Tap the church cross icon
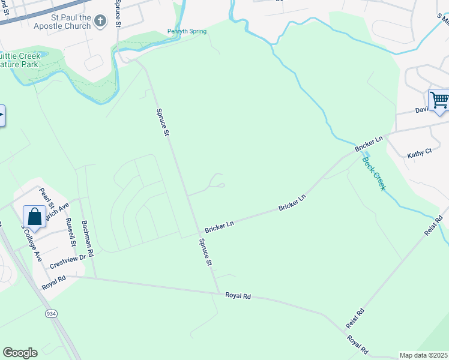100,22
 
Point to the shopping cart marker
439,100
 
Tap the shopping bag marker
34,217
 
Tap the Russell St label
72,232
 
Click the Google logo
20,353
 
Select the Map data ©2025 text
423,355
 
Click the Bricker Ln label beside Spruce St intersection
218,227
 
